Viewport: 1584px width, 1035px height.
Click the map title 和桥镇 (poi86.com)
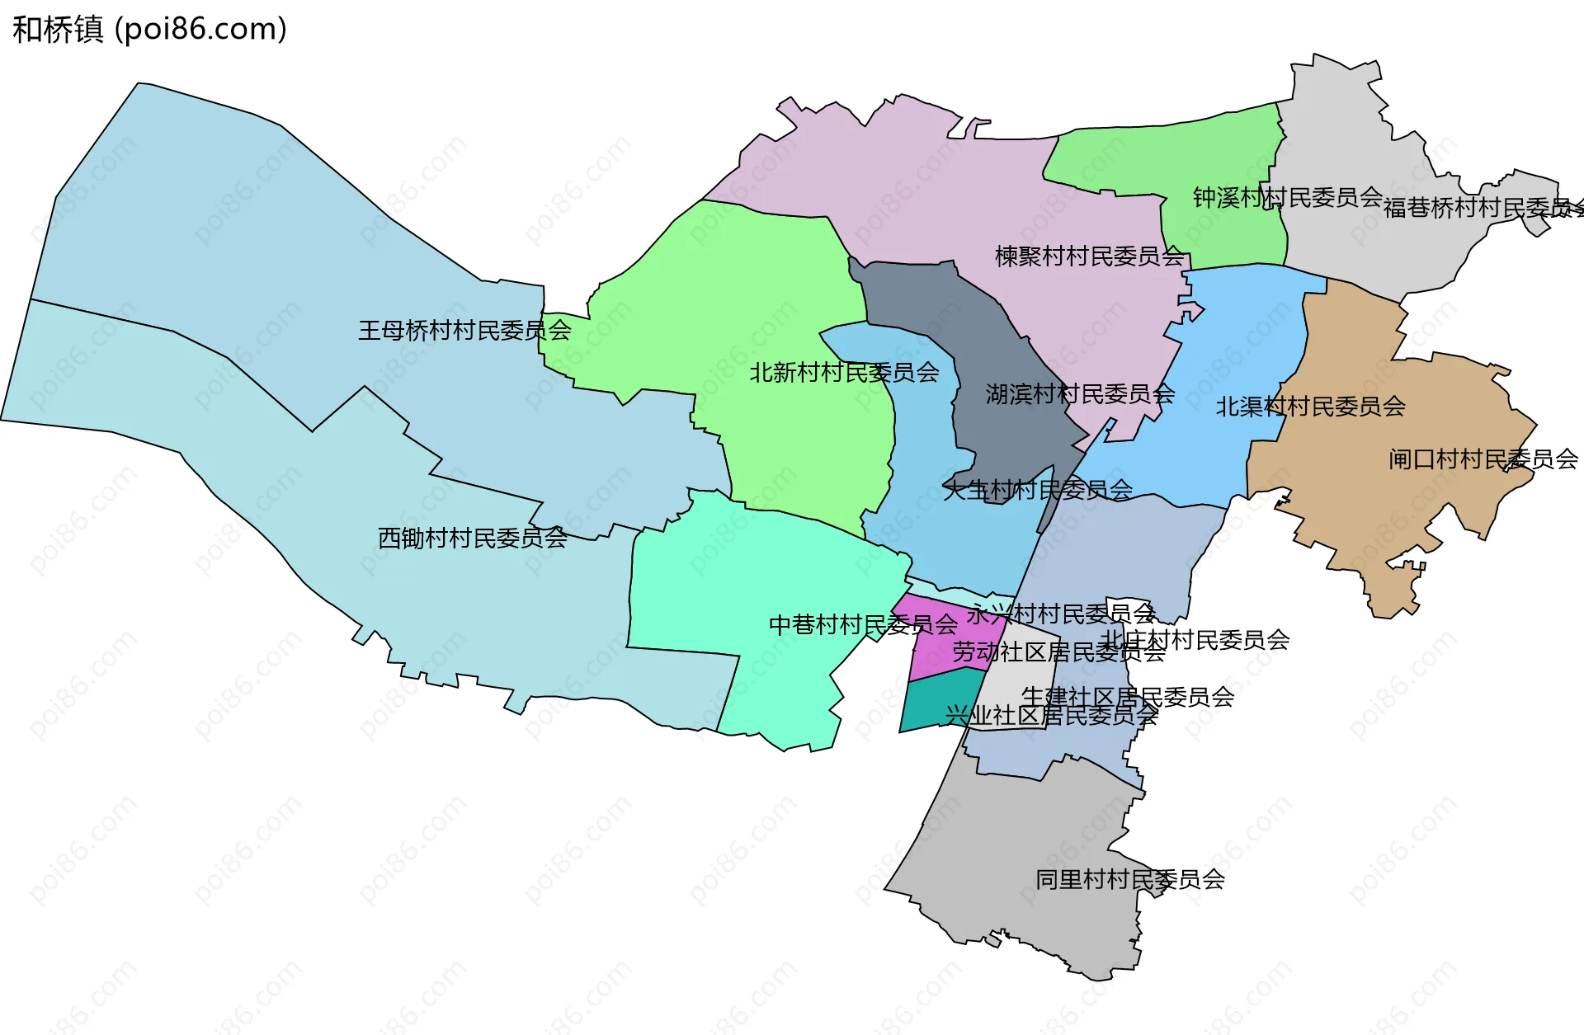[149, 30]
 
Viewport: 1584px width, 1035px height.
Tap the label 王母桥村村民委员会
[464, 331]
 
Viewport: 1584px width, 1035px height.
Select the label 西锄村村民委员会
[472, 538]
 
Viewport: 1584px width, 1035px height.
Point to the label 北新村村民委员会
[844, 373]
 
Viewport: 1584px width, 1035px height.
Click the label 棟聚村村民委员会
[1090, 256]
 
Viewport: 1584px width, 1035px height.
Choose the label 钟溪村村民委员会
[1287, 197]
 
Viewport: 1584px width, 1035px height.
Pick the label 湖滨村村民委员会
[1080, 394]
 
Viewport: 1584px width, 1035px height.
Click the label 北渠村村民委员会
[1310, 407]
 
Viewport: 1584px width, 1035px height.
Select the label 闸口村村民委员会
[1483, 459]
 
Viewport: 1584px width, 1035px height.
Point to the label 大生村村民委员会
[1038, 490]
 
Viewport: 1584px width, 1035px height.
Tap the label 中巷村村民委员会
[863, 624]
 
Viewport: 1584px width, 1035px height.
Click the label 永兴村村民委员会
[1061, 614]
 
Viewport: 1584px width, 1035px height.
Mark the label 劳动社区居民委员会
[1058, 652]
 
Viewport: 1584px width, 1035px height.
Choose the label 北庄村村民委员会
[1195, 639]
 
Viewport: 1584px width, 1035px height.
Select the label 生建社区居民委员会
[1128, 697]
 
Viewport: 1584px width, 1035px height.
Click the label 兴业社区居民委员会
[1051, 715]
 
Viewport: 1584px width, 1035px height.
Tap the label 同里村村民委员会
[1130, 879]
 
